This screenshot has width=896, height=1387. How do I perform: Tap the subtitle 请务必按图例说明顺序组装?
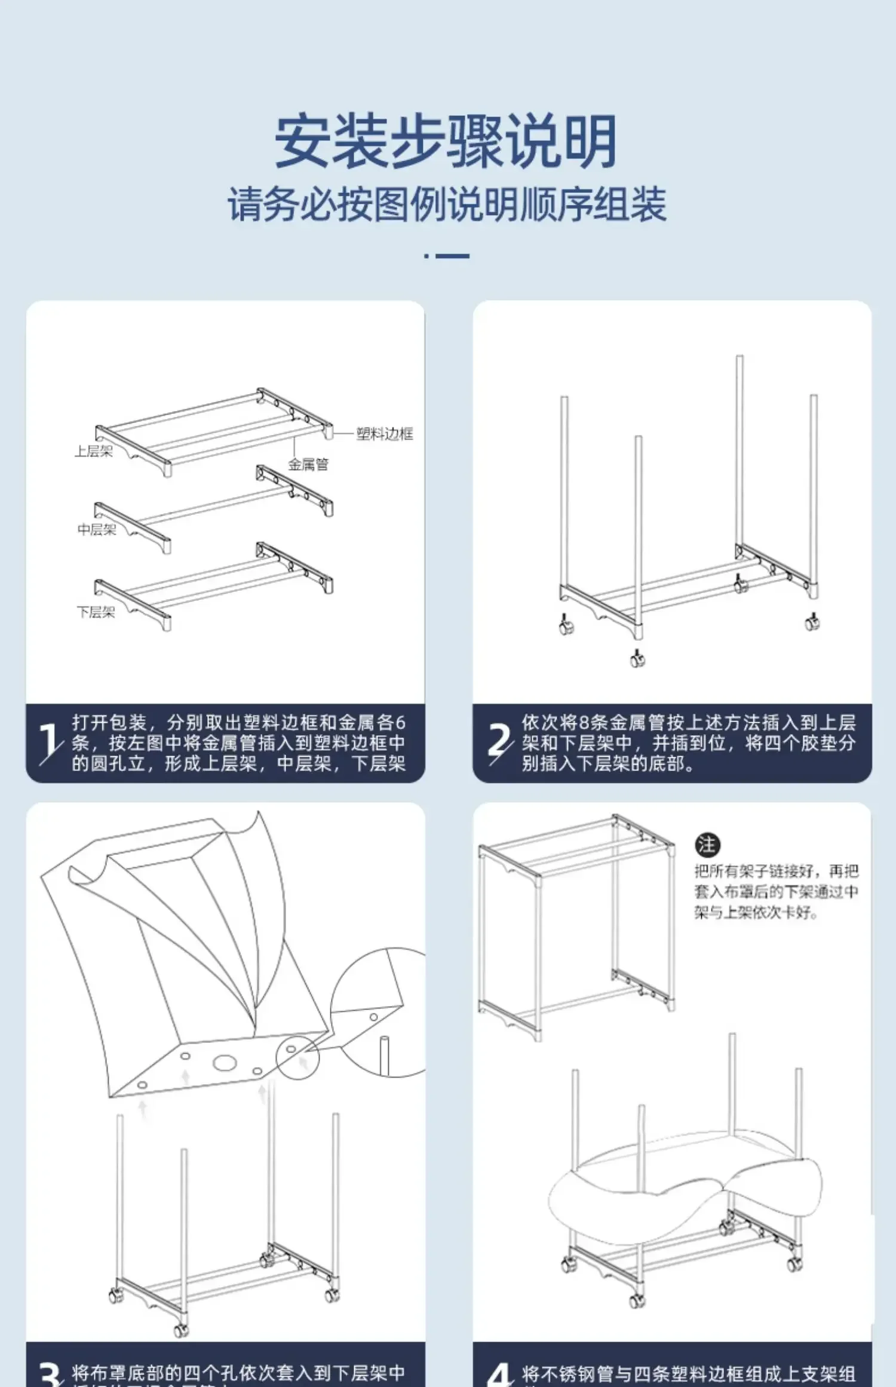tap(447, 204)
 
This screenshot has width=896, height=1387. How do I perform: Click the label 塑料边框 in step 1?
tap(384, 434)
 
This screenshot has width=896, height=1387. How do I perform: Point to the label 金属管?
tap(308, 464)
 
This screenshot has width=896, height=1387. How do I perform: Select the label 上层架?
tap(94, 452)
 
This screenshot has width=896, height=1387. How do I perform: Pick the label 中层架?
tap(97, 529)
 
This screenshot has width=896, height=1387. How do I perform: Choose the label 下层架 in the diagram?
tap(96, 612)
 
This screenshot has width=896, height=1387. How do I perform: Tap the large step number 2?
tap(499, 742)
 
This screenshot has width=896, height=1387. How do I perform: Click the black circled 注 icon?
tap(707, 845)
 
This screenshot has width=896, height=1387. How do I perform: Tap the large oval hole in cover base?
tap(225, 1063)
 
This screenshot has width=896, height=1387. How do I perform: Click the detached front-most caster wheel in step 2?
tap(637, 658)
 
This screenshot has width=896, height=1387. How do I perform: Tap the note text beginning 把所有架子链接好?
tap(776, 891)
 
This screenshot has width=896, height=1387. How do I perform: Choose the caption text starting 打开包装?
tap(238, 742)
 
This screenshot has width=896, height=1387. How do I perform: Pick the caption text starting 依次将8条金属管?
tap(688, 742)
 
